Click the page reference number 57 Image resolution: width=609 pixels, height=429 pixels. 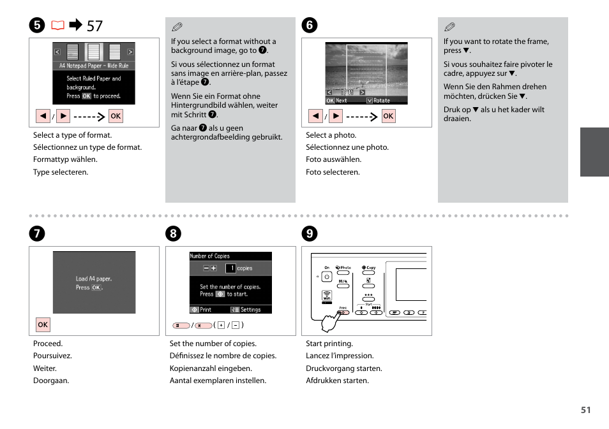[x=94, y=26]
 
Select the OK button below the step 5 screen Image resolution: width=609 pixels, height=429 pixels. [x=116, y=116]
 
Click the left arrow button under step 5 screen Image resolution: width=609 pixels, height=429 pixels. [x=43, y=116]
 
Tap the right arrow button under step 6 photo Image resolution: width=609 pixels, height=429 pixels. [x=336, y=116]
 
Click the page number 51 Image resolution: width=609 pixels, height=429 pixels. [x=585, y=410]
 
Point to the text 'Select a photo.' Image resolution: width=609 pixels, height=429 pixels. [x=331, y=135]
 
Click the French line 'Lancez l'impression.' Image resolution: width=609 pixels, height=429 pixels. [x=340, y=356]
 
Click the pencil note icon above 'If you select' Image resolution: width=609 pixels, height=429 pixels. [x=177, y=27]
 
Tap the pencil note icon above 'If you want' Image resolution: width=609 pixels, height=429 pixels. [x=450, y=27]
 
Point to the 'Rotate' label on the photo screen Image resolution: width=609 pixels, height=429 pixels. [x=381, y=101]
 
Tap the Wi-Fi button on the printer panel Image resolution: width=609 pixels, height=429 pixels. [x=326, y=296]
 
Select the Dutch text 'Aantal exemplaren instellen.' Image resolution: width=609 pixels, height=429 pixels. [x=218, y=381]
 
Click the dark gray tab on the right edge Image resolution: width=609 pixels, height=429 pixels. [x=594, y=152]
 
